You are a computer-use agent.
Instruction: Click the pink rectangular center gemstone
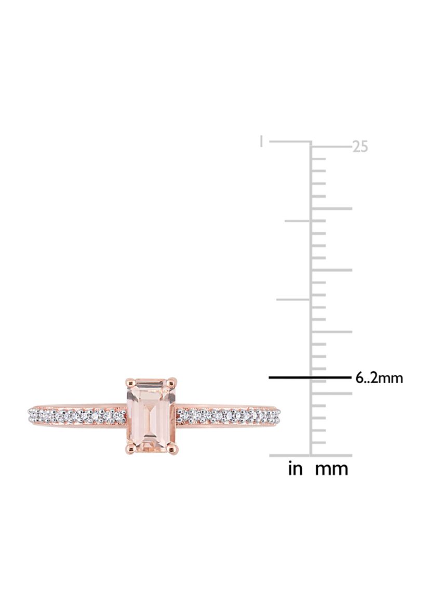[151, 415]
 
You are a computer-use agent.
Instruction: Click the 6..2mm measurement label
[379, 377]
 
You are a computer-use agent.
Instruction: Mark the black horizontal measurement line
[311, 377]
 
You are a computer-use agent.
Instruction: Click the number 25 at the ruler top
[360, 146]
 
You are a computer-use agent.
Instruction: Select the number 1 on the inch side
[261, 141]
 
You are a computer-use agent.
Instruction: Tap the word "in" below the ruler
[295, 468]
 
